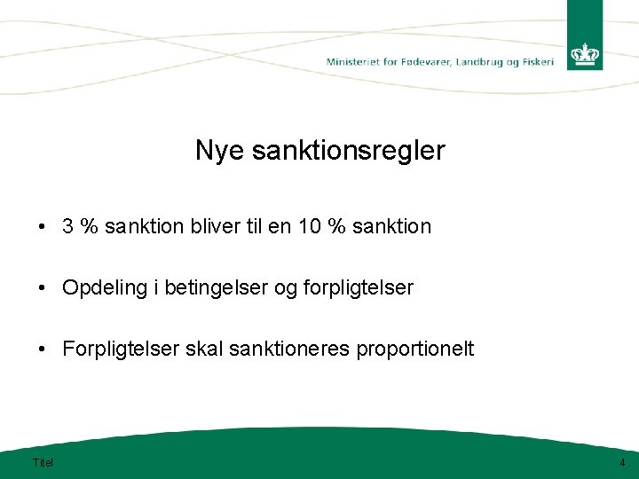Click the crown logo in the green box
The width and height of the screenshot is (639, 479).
coord(585,55)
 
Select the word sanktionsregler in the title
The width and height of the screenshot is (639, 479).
coord(349,151)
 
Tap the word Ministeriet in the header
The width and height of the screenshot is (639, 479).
coord(351,62)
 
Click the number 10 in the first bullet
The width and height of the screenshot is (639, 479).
coord(310,226)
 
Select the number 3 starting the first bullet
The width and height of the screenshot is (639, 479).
coord(67,226)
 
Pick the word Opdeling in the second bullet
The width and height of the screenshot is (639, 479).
coord(98,287)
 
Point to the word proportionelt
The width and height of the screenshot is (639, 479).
coord(415,349)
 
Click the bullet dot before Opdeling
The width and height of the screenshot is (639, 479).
coord(43,287)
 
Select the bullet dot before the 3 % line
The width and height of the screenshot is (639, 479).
coord(43,226)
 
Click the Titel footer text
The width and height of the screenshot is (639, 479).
coord(43,462)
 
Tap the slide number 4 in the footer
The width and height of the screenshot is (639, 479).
coord(622,462)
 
